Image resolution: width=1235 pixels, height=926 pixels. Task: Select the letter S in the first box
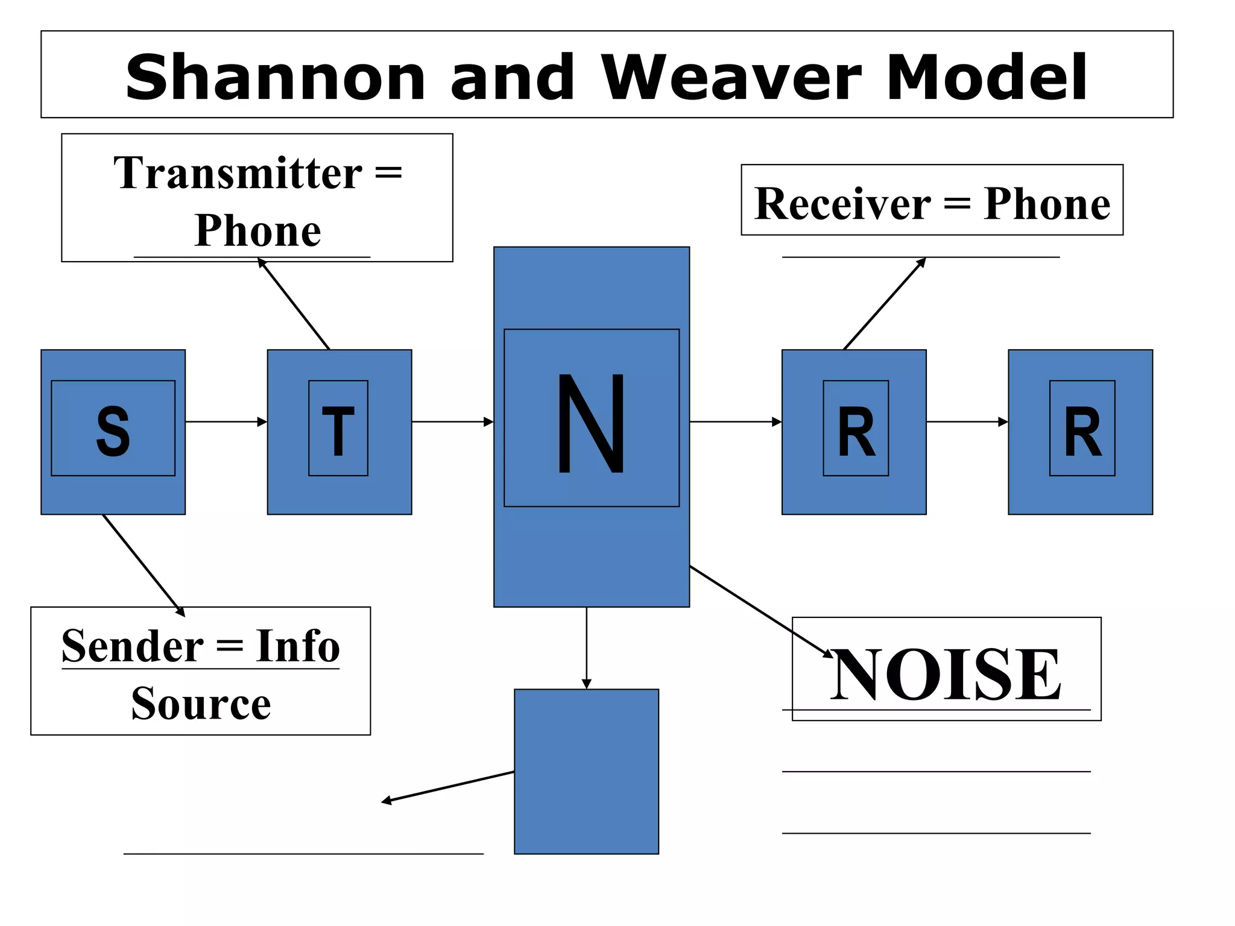click(113, 430)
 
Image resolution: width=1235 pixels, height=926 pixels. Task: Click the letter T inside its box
click(338, 430)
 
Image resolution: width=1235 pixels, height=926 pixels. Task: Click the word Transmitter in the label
click(238, 173)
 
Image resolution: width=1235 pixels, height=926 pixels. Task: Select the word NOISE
click(946, 674)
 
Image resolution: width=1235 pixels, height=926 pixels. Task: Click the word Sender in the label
click(133, 646)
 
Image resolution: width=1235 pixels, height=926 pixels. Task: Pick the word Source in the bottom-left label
click(201, 704)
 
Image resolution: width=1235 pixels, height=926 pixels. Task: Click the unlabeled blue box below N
click(586, 772)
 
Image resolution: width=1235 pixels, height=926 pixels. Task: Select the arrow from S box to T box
click(226, 422)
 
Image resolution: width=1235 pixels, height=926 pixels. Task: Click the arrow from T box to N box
click(452, 422)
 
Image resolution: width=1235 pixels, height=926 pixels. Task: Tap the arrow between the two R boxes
click(967, 422)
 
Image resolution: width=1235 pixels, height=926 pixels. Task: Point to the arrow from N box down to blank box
click(587, 648)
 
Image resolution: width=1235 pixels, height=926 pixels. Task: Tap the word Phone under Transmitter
click(257, 230)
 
